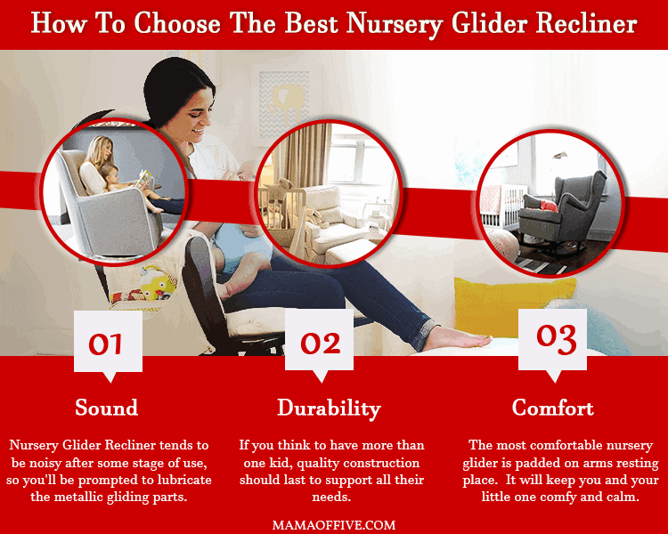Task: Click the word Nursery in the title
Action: pos(395,24)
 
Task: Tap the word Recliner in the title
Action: pos(587,23)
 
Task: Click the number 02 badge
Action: pos(320,345)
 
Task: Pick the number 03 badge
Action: pos(552,344)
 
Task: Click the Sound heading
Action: pos(107,408)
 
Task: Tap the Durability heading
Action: pos(329,409)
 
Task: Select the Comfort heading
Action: pos(552,408)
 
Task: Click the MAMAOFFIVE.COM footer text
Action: pos(334,524)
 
